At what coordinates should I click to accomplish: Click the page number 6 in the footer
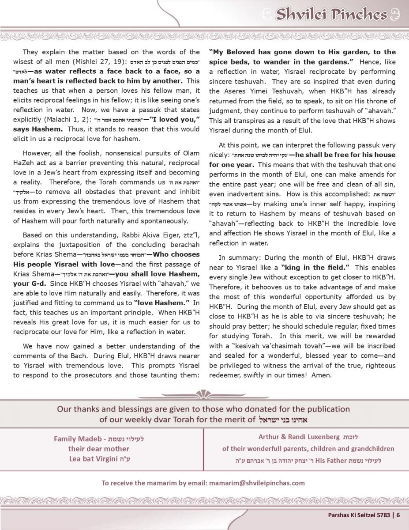tap(398, 515)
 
